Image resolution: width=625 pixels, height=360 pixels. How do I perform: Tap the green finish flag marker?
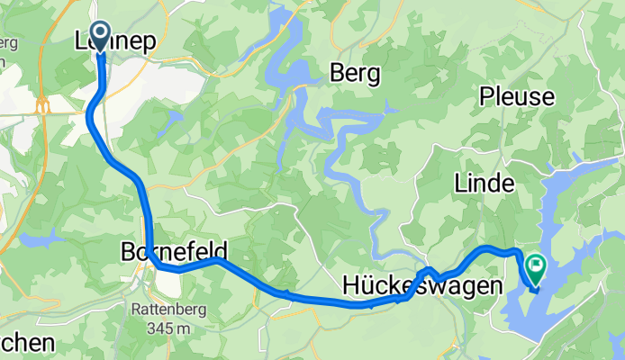pyautogui.click(x=537, y=265)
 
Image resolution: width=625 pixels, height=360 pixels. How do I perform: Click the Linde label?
pyautogui.click(x=485, y=184)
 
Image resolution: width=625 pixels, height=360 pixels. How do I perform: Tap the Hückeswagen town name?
pyautogui.click(x=421, y=286)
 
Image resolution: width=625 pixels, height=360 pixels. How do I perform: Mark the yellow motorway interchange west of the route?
pyautogui.click(x=41, y=106)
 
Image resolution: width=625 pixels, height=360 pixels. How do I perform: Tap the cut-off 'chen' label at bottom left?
pyautogui.click(x=27, y=343)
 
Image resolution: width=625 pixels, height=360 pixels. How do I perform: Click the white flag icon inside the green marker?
pyautogui.click(x=537, y=265)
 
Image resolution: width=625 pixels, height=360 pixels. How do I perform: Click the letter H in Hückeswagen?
pyautogui.click(x=351, y=286)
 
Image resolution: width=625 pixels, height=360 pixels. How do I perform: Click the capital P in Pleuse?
pyautogui.click(x=487, y=94)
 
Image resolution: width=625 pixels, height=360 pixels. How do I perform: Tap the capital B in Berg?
pyautogui.click(x=337, y=72)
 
